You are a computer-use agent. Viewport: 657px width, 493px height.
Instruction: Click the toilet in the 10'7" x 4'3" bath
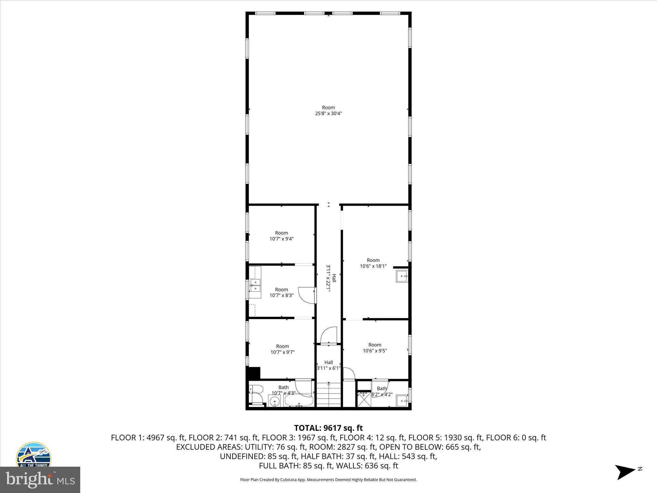click(x=256, y=394)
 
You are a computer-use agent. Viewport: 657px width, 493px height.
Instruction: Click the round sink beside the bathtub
click(x=275, y=401)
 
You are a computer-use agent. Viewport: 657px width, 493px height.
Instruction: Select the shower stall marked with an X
click(x=364, y=400)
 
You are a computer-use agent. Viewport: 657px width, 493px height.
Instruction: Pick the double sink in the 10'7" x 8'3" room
click(x=255, y=285)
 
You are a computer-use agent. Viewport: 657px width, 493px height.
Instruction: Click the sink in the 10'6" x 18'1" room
click(x=402, y=276)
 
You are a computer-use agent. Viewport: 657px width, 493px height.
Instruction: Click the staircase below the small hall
click(x=328, y=395)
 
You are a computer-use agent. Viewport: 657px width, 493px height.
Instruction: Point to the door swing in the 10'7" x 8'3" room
click(x=306, y=295)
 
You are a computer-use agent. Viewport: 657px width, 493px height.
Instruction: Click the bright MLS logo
click(x=40, y=480)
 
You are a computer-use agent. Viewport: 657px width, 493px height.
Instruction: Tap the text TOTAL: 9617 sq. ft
click(x=328, y=428)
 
